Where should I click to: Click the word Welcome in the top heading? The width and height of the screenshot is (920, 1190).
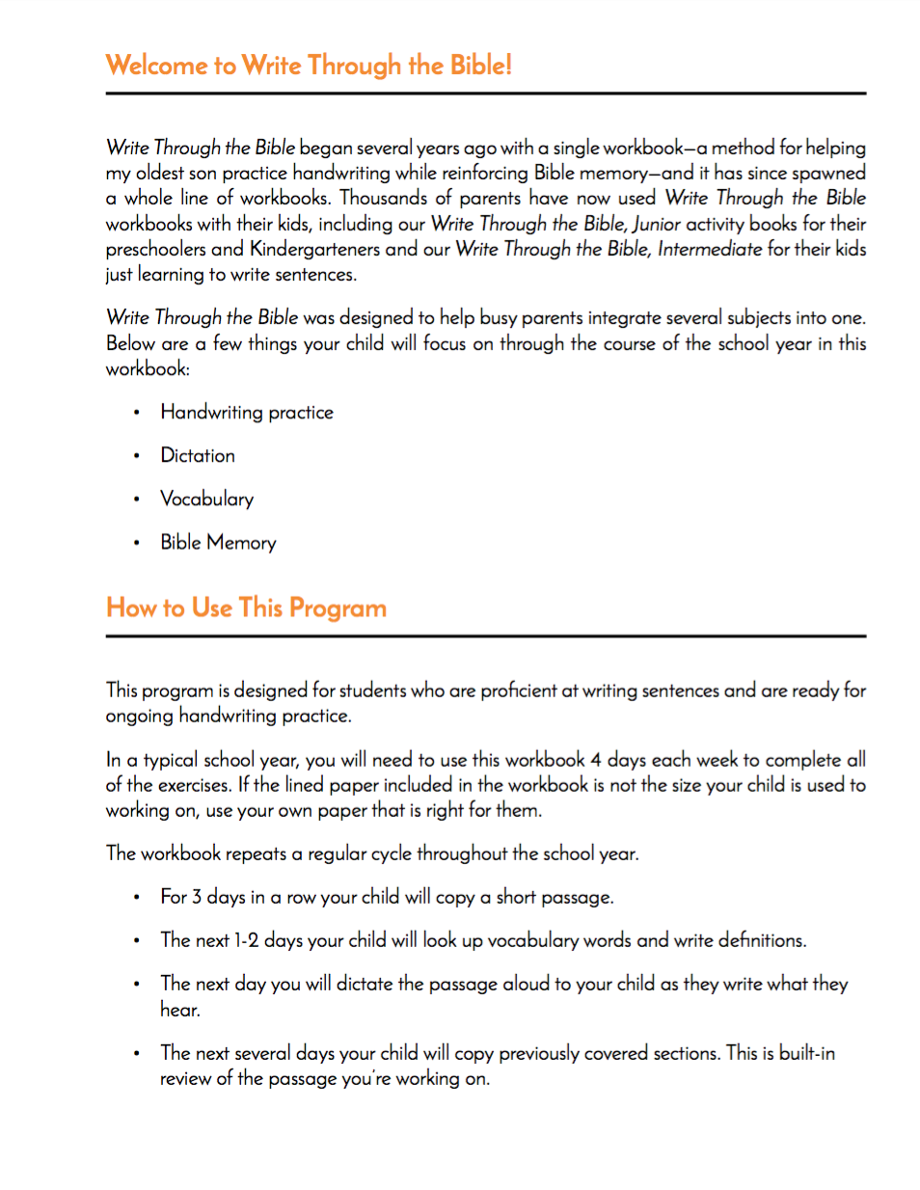tap(157, 66)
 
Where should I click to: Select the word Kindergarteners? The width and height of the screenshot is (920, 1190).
tap(314, 249)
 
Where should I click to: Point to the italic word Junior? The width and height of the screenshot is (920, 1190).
tap(657, 224)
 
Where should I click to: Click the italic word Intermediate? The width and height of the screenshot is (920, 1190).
tap(710, 249)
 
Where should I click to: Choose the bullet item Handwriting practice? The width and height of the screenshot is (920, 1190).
tap(247, 413)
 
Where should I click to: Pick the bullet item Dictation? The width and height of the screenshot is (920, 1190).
tap(198, 456)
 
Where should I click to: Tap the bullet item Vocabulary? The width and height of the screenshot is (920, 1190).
tap(207, 500)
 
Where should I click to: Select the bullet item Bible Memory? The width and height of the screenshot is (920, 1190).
tap(218, 543)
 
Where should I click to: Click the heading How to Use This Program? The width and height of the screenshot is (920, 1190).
tap(247, 609)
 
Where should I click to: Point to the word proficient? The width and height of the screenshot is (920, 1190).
tap(519, 690)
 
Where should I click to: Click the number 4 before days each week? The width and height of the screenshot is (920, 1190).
tap(596, 760)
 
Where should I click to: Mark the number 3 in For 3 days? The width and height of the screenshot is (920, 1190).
tap(197, 897)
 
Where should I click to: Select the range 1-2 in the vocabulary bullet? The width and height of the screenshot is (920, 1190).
tap(247, 940)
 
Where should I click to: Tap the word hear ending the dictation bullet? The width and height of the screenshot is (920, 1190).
tap(178, 1010)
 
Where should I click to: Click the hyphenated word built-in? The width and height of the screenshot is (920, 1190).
tap(807, 1053)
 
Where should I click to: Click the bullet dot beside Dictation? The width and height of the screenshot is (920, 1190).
tap(137, 456)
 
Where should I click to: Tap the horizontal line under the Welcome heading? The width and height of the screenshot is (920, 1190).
tap(486, 94)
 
